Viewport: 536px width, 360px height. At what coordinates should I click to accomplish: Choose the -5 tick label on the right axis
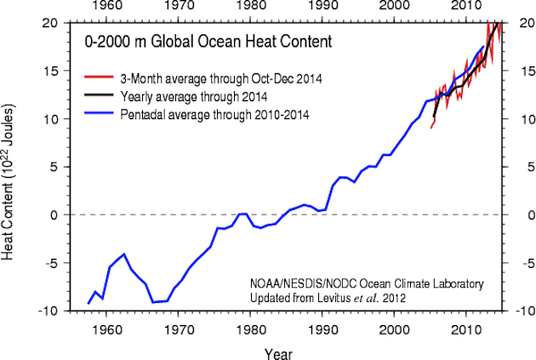tap(515, 264)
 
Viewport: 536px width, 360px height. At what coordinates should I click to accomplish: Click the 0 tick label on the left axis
tap(54, 215)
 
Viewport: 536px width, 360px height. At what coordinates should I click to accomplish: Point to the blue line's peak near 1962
tap(124, 254)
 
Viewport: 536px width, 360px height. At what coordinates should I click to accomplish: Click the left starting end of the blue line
tap(88, 304)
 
